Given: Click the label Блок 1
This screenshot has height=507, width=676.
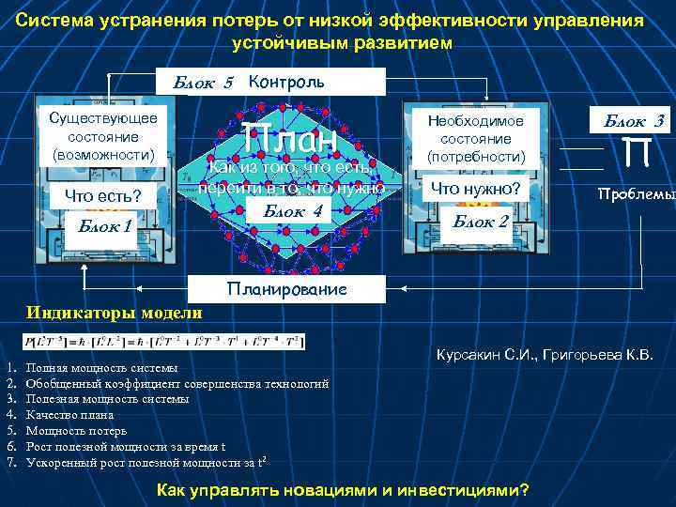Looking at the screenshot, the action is click(104, 225).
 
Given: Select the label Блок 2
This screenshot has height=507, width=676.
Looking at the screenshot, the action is click(480, 222).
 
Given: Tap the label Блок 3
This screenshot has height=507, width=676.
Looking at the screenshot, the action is click(634, 120).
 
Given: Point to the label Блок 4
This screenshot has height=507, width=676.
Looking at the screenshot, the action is click(293, 211).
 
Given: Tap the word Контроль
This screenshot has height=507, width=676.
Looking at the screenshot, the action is click(286, 81).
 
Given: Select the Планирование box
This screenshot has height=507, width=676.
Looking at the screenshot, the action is click(287, 289).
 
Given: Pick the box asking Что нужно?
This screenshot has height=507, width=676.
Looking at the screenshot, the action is click(475, 189).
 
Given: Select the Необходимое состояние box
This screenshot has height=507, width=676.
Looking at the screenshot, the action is click(476, 137).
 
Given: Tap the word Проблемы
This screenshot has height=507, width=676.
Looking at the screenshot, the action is click(636, 194).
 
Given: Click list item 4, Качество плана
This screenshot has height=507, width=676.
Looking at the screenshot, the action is click(70, 414).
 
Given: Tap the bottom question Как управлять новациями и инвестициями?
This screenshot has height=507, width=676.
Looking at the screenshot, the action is click(342, 490).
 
